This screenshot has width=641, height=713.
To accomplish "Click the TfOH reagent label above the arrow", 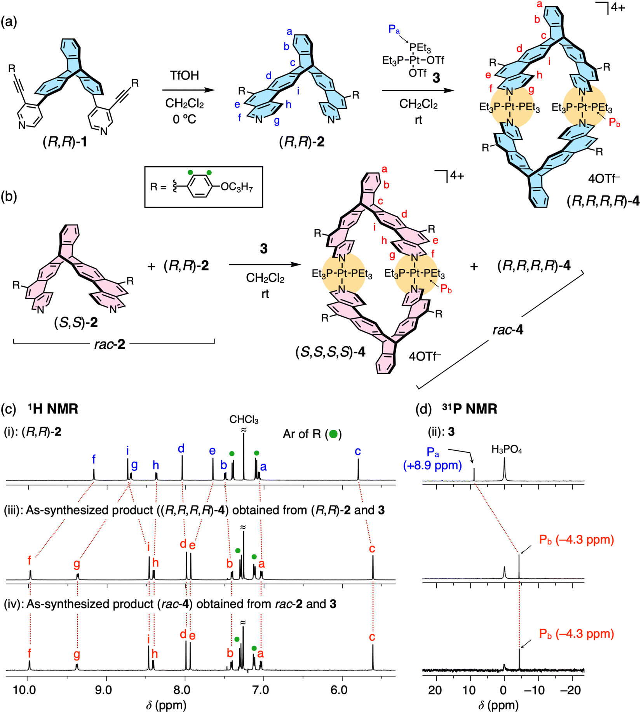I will [185, 75].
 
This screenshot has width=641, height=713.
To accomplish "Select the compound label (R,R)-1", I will [65, 143].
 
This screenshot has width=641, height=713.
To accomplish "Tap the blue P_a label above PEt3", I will [394, 29].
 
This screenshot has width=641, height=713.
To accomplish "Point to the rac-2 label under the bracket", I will [110, 344].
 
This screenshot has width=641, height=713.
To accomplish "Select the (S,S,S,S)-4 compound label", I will [330, 352].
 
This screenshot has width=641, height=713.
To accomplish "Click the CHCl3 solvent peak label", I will [244, 420].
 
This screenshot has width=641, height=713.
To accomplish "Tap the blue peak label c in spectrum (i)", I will [358, 451].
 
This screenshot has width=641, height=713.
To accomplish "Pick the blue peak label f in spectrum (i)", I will [94, 459].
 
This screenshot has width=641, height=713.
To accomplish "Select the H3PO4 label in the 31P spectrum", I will [507, 450].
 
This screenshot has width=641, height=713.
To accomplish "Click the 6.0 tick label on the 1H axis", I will [339, 690].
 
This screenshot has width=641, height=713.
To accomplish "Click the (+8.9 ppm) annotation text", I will [432, 465].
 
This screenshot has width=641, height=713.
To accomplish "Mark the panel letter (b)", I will [9, 197].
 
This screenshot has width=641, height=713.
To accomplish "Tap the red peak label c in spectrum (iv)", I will [372, 637].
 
